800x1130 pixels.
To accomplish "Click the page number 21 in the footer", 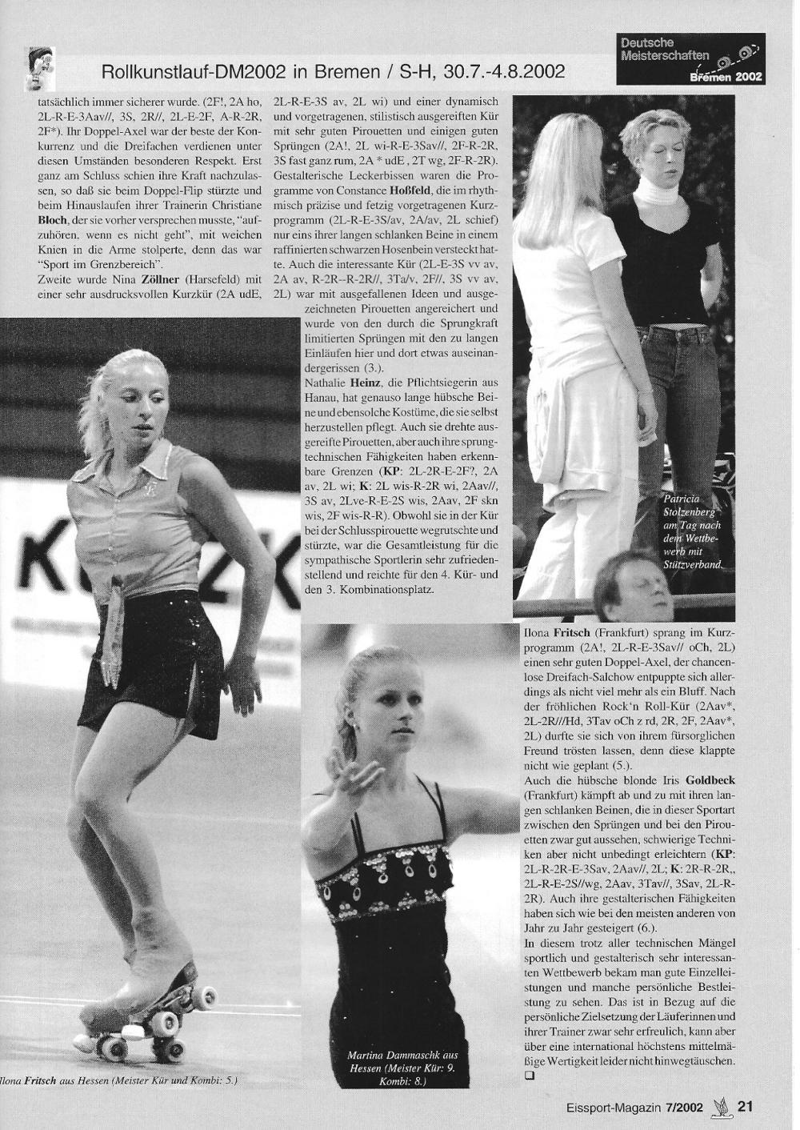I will coord(745,1107).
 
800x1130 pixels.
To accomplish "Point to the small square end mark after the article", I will coord(528,1076).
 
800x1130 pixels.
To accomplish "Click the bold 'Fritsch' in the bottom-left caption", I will coord(42,1080).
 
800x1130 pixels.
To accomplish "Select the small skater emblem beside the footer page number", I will coord(719,1106).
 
